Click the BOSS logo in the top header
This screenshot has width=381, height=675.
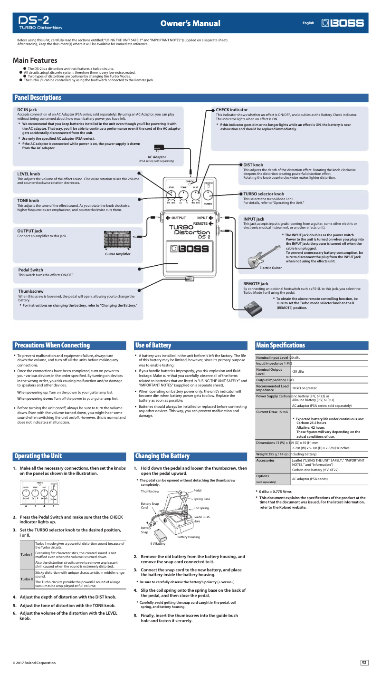click(343, 23)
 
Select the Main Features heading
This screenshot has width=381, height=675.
click(35, 60)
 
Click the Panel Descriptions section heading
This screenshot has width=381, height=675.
click(38, 98)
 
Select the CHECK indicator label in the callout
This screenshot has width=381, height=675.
click(231, 110)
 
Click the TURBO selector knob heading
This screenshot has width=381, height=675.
click(264, 194)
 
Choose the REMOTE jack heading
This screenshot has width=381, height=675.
click(256, 284)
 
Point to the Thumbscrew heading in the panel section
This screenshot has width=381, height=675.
click(31, 291)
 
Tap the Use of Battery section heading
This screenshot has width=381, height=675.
click(153, 345)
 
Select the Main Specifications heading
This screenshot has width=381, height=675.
click(280, 345)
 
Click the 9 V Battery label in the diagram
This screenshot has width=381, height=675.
click(158, 543)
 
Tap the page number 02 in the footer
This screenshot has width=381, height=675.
click(364, 663)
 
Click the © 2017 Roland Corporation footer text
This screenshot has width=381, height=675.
click(34, 663)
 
